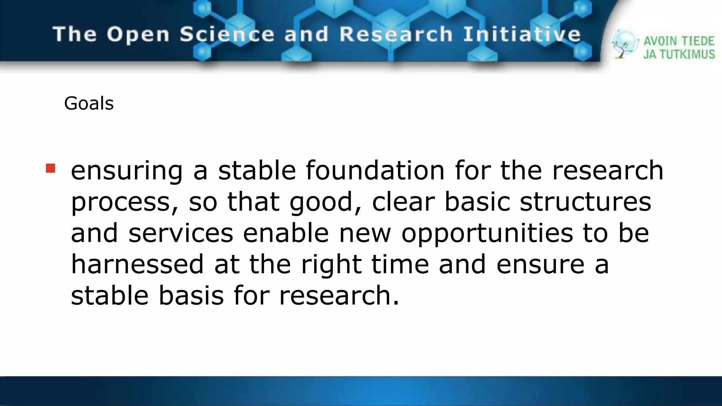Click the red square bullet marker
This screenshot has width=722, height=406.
50,168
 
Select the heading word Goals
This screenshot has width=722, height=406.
89,104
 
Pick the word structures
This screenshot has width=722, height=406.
585,202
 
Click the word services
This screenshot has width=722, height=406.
181,233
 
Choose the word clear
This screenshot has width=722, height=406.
403,202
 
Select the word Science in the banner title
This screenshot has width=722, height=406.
227,35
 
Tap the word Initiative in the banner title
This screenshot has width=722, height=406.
522,35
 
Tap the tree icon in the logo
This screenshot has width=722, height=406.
624,44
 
